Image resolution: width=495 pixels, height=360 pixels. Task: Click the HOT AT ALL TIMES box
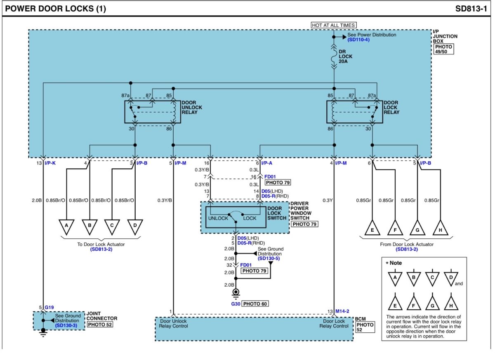333,25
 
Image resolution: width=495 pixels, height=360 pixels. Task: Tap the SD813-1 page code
471,9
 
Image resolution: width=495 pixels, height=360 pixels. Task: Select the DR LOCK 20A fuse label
345,56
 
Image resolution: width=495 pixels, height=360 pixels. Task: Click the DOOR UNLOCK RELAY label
191,107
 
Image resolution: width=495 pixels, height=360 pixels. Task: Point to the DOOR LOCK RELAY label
391,107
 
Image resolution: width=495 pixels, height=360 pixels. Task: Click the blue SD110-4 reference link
358,40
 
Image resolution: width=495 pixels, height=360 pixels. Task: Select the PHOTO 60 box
255,304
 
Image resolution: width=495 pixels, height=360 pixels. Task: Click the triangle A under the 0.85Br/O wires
66,226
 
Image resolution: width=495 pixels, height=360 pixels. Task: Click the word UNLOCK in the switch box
218,218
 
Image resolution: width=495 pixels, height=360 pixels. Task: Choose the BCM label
360,319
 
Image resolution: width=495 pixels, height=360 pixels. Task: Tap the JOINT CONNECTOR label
102,316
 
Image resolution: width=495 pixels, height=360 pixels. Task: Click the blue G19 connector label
49,307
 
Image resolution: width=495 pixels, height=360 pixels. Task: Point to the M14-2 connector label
342,311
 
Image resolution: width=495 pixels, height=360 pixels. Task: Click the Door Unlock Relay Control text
173,323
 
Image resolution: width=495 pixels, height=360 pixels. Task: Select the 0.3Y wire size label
327,200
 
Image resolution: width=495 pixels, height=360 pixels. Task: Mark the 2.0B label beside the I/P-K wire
37,200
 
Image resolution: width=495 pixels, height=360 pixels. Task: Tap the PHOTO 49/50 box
443,49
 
